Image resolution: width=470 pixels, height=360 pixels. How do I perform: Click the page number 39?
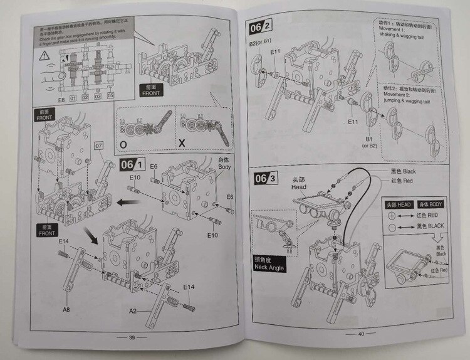coord(132,337)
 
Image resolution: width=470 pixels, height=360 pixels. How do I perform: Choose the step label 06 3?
coord(266,179)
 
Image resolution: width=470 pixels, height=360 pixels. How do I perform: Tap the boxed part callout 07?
coord(98,146)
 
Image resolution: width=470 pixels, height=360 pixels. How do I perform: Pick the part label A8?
coord(65,309)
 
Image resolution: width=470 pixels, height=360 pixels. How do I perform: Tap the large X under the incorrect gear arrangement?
coord(182,143)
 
